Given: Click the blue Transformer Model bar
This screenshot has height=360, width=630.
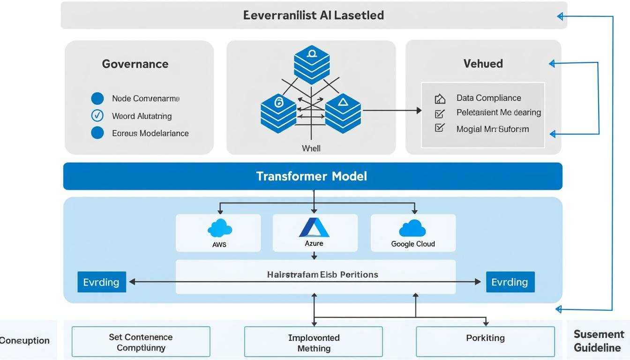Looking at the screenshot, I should click(x=312, y=176).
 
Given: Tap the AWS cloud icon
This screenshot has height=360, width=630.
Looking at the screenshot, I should click(x=219, y=228).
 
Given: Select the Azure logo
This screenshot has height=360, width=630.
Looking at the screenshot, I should click(x=314, y=227).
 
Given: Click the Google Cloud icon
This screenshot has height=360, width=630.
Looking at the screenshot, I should click(x=412, y=228).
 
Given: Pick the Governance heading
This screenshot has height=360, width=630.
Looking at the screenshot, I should click(x=135, y=64).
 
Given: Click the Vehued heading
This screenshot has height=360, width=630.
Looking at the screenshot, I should click(x=483, y=64).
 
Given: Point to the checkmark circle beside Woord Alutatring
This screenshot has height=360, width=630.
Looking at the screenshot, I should click(x=97, y=115).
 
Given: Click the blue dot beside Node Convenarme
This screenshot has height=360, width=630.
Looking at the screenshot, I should click(x=97, y=98).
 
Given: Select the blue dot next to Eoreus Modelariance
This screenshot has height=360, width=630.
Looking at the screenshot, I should click(x=97, y=133).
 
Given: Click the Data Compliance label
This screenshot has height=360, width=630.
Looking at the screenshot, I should click(x=488, y=98).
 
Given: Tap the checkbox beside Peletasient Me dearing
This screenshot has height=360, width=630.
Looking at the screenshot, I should click(x=440, y=113).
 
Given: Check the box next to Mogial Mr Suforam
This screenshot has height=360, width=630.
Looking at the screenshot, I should click(x=440, y=128).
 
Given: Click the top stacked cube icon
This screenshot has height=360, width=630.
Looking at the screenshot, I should click(x=312, y=64).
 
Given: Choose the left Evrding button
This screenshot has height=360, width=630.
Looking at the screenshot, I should click(x=101, y=282).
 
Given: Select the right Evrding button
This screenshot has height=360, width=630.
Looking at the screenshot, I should click(x=510, y=282).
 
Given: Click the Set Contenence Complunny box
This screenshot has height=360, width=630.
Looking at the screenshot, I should click(x=141, y=342).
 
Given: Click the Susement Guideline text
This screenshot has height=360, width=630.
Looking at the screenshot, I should click(x=599, y=341).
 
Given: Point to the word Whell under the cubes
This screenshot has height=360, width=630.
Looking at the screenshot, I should click(x=311, y=148).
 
